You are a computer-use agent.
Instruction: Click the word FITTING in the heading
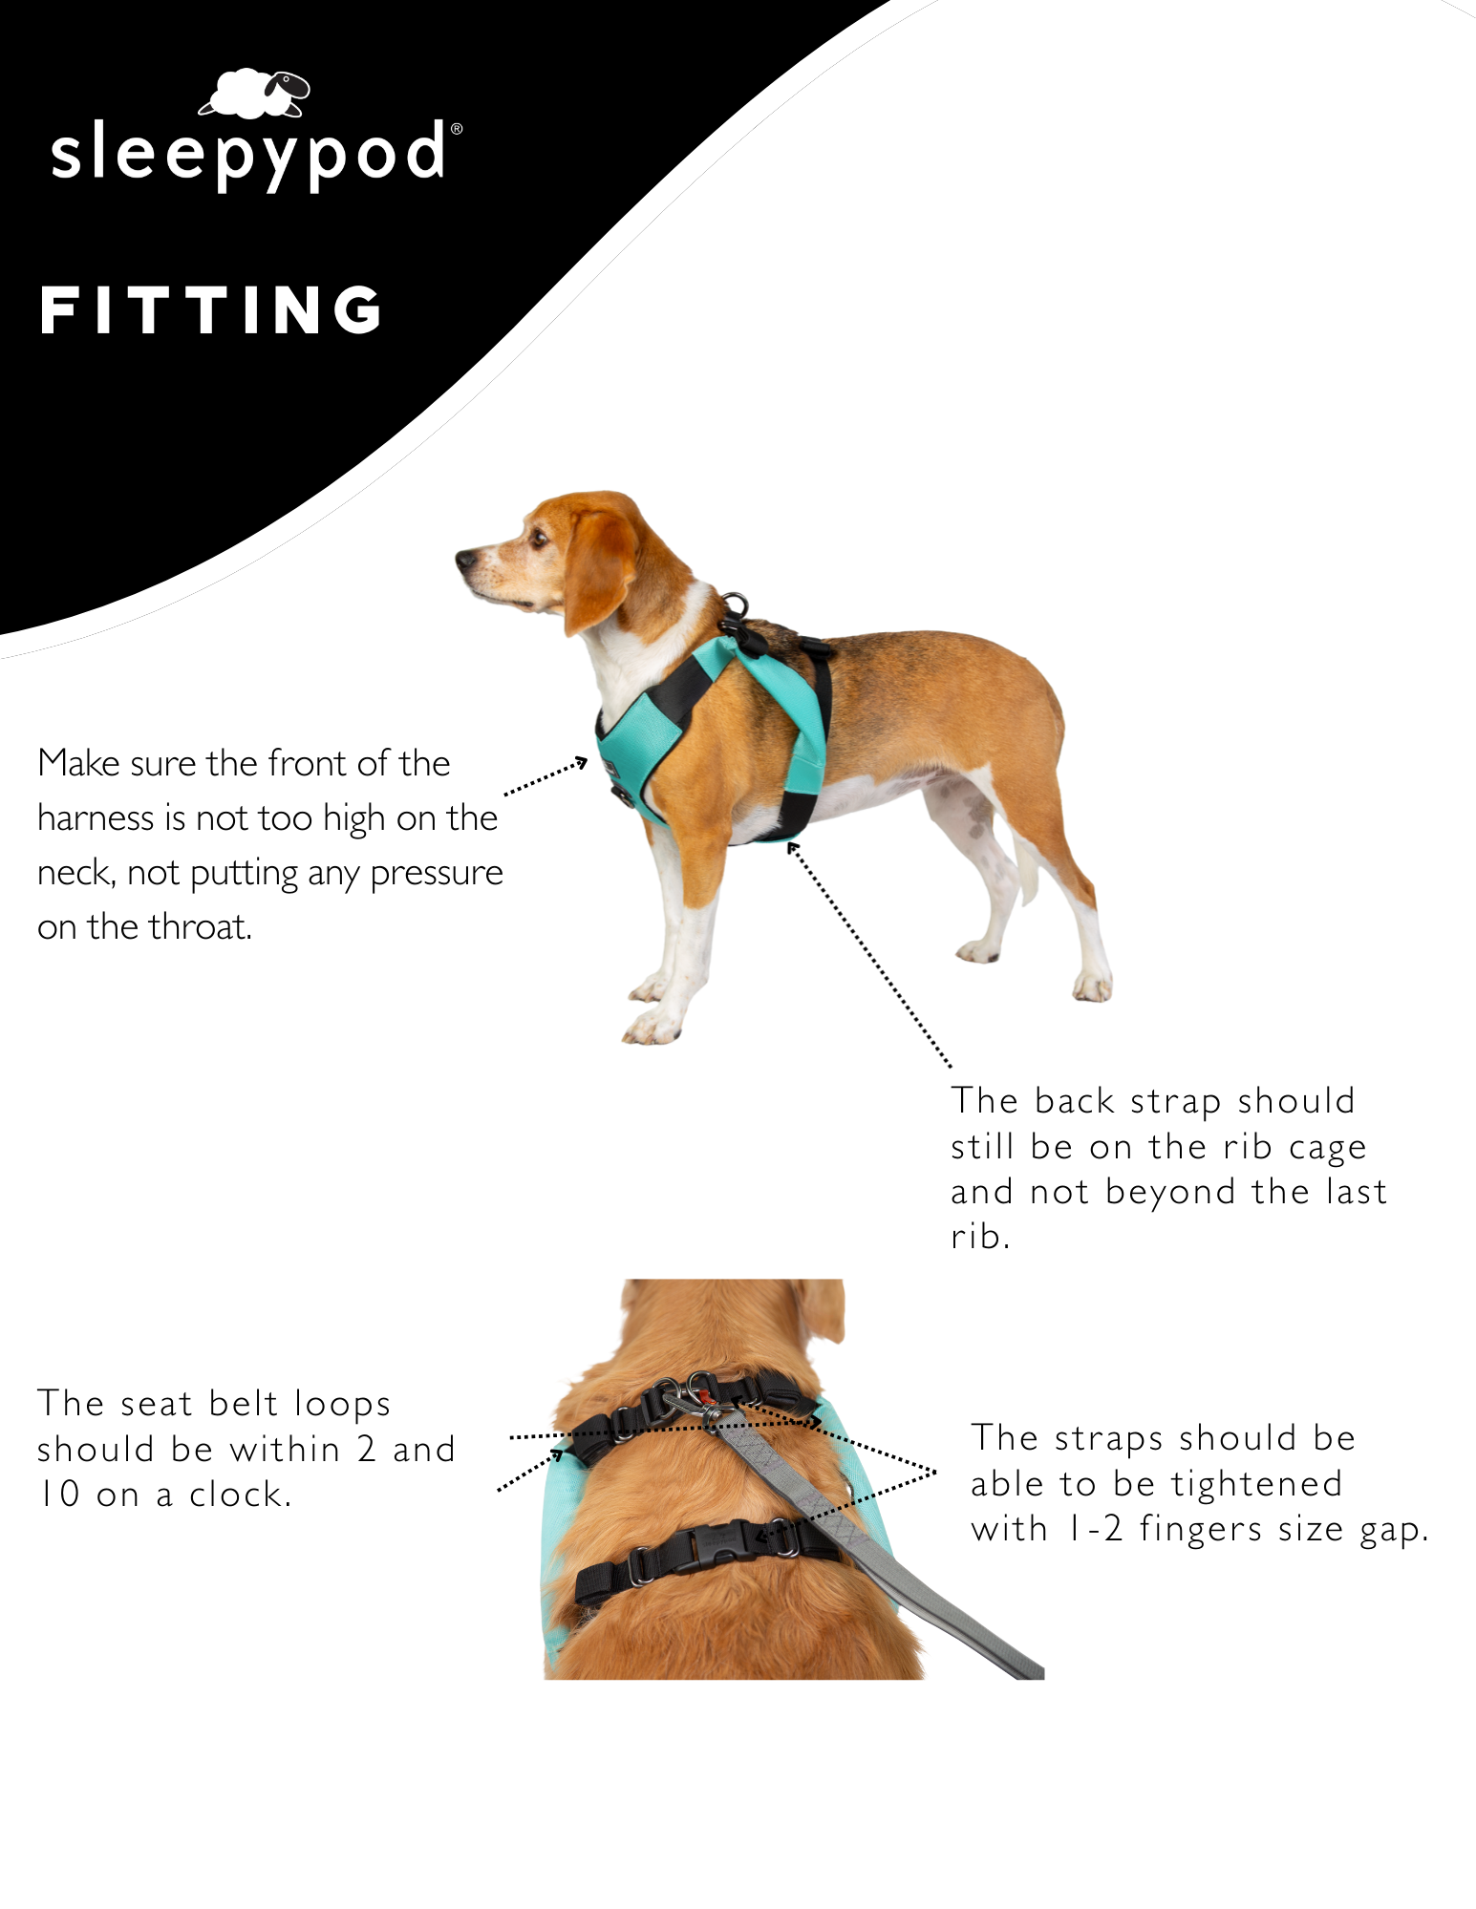pos(211,310)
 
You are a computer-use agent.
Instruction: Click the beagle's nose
pos(465,558)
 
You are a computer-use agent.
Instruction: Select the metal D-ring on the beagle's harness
pos(735,605)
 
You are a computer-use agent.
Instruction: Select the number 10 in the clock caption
pos(59,1495)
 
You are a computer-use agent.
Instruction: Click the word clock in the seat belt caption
pos(240,1495)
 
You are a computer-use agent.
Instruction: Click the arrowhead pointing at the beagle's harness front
pos(581,762)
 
